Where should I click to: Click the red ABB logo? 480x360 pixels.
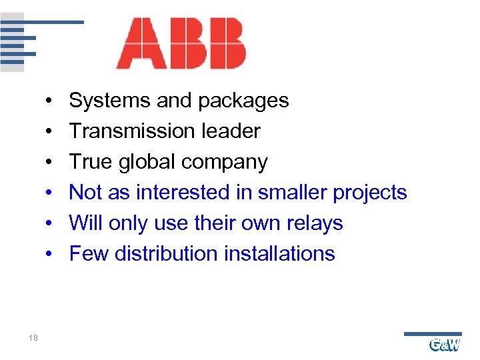(x=181, y=44)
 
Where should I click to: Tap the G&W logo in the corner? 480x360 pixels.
(x=445, y=345)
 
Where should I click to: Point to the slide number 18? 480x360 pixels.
(x=33, y=339)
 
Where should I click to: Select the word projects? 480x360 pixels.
(x=370, y=193)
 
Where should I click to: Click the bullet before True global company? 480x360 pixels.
(x=51, y=163)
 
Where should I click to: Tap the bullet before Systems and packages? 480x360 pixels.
(x=51, y=101)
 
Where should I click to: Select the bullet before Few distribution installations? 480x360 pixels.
(x=51, y=255)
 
